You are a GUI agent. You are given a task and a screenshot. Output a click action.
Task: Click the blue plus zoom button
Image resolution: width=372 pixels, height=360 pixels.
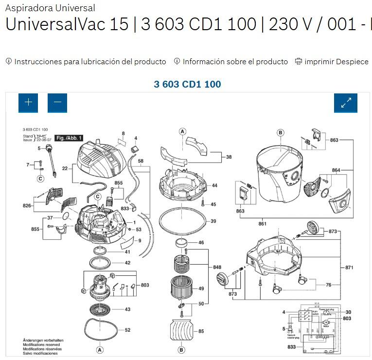pyautogui.click(x=28, y=102)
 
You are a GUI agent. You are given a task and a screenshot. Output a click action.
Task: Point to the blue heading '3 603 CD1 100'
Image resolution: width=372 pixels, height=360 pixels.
pyautogui.click(x=187, y=84)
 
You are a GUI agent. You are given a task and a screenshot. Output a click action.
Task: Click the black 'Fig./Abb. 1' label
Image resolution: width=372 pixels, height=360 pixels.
pyautogui.click(x=69, y=138)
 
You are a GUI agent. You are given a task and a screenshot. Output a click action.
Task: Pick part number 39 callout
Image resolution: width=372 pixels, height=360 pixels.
pyautogui.click(x=213, y=221)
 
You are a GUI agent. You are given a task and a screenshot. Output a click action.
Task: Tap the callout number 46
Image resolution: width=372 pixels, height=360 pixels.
pyautogui.click(x=201, y=242)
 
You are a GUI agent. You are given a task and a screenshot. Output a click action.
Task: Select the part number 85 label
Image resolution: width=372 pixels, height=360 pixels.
pyautogui.click(x=201, y=332)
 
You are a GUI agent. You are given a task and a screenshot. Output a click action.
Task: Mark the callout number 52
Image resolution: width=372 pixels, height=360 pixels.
pyautogui.click(x=127, y=330)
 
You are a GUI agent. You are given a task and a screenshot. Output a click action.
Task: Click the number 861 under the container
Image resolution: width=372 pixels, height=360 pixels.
pyautogui.click(x=263, y=224)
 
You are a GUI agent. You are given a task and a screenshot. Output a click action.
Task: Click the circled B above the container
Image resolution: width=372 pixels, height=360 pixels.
pyautogui.click(x=280, y=132)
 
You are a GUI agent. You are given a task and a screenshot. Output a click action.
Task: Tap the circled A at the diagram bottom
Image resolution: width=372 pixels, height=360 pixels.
pyautogui.click(x=100, y=349)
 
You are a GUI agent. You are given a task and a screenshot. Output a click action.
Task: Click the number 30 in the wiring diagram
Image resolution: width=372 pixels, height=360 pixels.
pyautogui.click(x=348, y=312)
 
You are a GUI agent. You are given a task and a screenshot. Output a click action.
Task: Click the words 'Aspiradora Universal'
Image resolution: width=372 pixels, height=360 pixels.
pyautogui.click(x=50, y=8)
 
